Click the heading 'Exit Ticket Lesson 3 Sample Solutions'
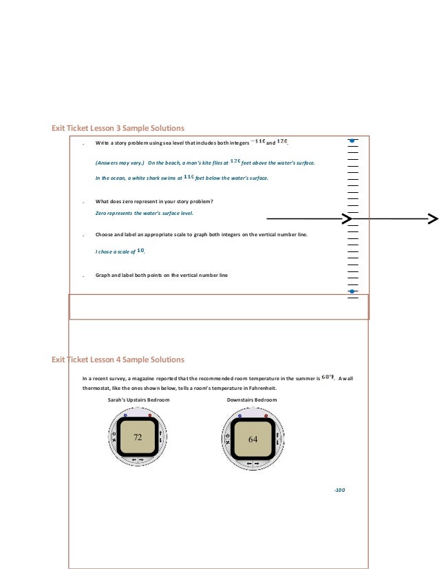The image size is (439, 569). [x=118, y=128]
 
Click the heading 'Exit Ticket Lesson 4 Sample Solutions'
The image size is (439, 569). [x=118, y=360]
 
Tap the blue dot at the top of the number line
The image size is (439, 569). [x=352, y=141]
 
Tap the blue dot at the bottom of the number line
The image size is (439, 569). [x=352, y=291]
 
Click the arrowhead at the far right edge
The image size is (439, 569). [x=433, y=219]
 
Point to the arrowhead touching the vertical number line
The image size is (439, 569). [x=347, y=219]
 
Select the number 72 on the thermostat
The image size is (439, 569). [x=138, y=437]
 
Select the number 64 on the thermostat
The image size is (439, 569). [x=253, y=439]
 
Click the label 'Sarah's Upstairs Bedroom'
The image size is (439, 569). [x=138, y=400]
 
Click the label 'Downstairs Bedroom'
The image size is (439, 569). [x=252, y=400]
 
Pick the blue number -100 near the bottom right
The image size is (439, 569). [x=339, y=490]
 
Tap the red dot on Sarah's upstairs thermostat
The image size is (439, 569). [x=149, y=416]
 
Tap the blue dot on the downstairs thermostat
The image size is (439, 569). [x=239, y=417]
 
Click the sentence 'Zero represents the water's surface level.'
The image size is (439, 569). [x=144, y=214]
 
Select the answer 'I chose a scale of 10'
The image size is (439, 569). [x=120, y=251]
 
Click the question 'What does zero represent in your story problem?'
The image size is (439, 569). [x=154, y=201]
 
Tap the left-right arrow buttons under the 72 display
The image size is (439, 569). [x=138, y=459]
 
